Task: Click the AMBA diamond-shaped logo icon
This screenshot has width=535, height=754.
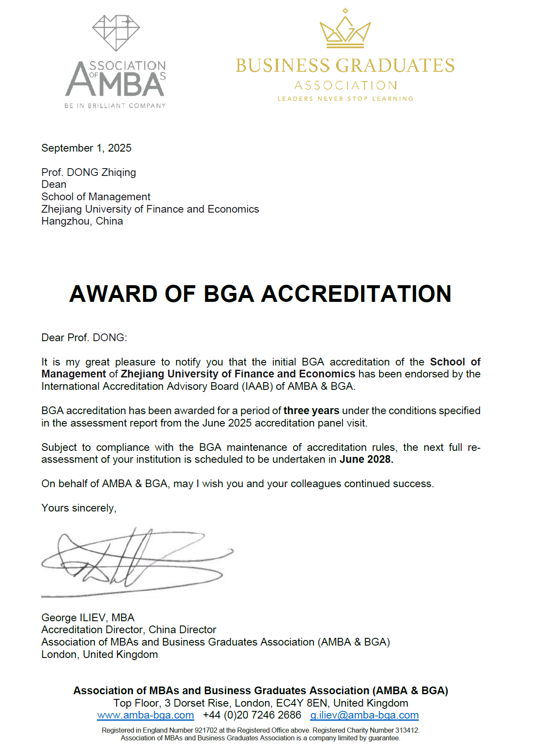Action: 116,33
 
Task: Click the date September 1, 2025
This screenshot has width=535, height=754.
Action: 86,148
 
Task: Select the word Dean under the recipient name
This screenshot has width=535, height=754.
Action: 54,184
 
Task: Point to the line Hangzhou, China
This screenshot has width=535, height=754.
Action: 82,221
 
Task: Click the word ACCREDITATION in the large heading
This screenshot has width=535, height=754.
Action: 356,294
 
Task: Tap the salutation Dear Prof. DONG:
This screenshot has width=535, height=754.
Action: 84,338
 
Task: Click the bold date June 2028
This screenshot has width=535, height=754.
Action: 366,459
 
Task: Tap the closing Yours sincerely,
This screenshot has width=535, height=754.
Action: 79,508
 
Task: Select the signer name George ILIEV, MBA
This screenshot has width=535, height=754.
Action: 88,618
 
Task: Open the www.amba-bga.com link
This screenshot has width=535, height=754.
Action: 146,715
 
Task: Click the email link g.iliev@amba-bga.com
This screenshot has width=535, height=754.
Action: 364,715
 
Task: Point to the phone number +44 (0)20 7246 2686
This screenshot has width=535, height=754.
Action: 252,715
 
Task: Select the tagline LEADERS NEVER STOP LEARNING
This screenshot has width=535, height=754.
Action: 345,99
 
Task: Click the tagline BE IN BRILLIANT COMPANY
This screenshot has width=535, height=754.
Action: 115,106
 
